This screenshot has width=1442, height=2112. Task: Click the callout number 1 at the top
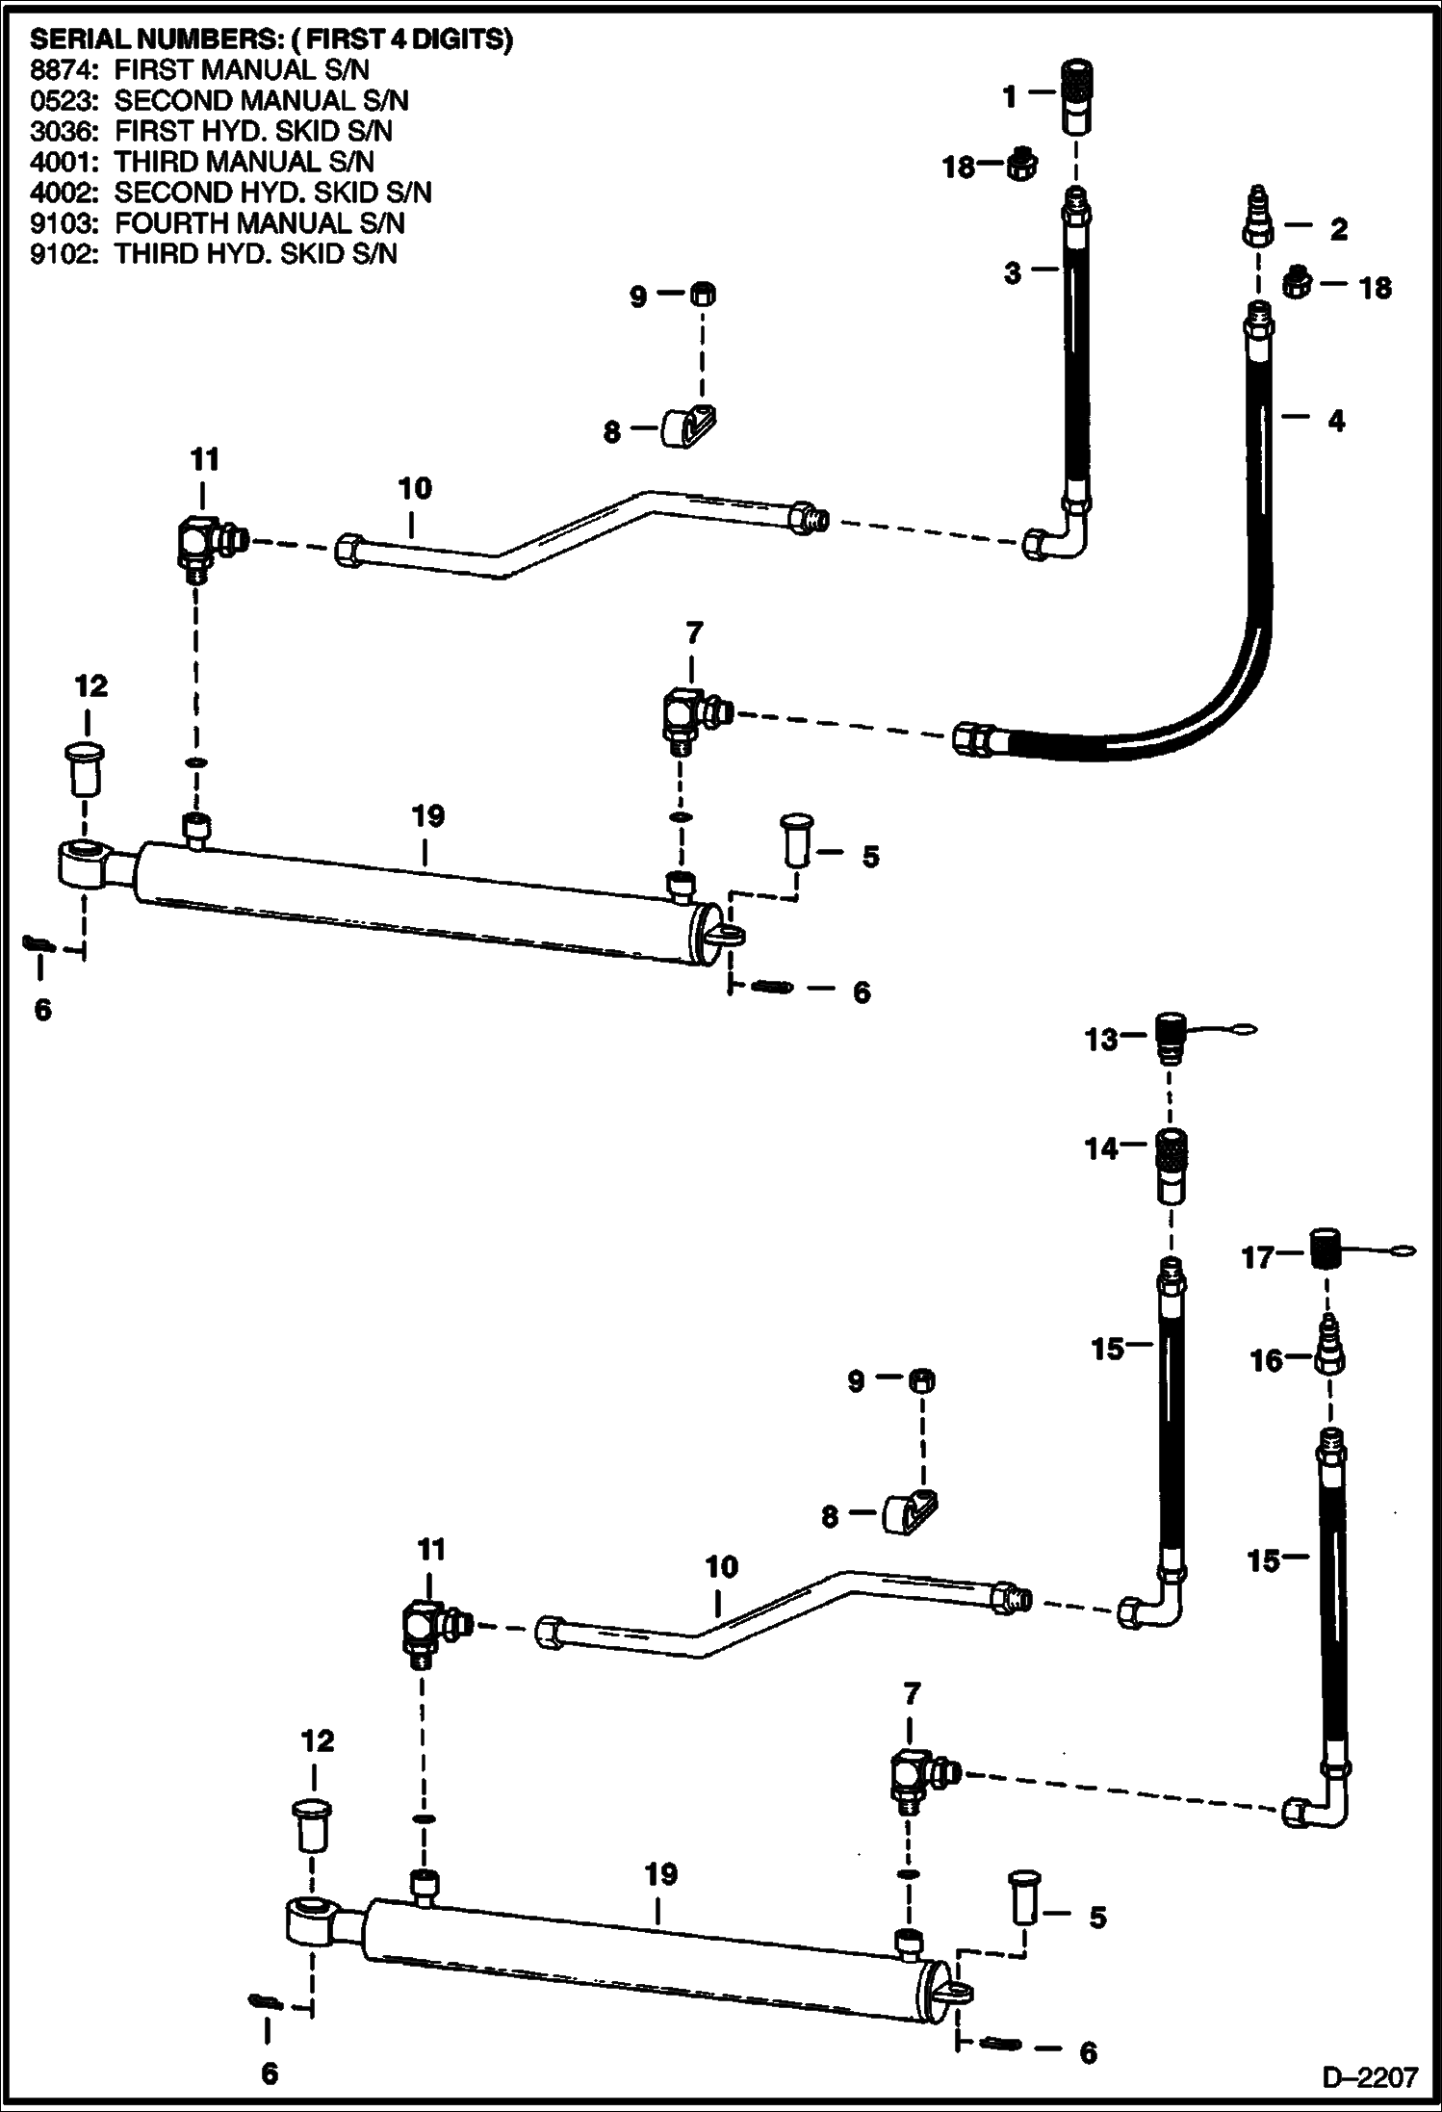[x=1009, y=96]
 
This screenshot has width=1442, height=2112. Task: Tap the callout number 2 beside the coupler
[x=1338, y=229]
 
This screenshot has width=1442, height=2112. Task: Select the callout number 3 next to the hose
[x=1013, y=273]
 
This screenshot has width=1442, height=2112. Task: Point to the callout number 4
[x=1336, y=421]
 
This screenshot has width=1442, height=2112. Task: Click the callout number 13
[x=1102, y=1040]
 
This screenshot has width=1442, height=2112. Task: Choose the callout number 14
[x=1102, y=1148]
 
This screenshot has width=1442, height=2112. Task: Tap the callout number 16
[x=1267, y=1360]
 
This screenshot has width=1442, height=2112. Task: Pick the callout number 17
[x=1258, y=1257]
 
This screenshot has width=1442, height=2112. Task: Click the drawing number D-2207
[x=1370, y=2078]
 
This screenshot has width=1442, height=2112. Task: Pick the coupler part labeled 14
[x=1171, y=1166]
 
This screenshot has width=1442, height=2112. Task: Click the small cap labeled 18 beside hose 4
[x=1296, y=283]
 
